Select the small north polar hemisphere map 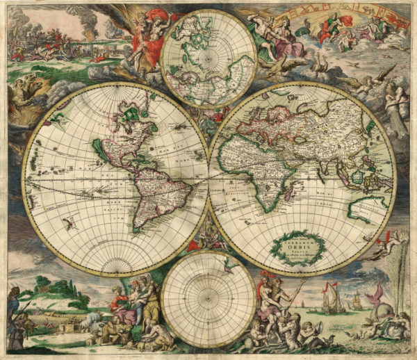(208, 59)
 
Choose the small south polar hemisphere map (208, 299)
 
